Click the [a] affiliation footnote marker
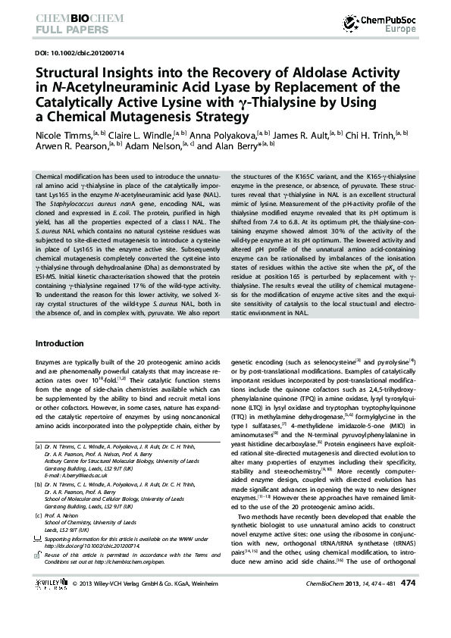pos(39,447)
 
